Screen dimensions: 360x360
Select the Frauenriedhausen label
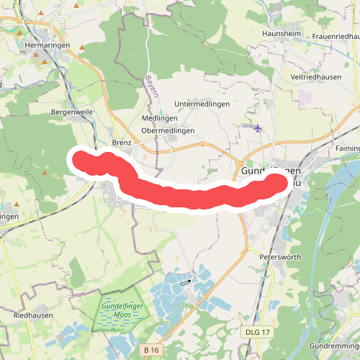331,36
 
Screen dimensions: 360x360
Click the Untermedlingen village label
202,104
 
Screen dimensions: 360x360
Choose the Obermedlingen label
168,130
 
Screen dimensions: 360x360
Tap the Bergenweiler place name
73,113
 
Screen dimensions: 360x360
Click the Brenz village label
122,143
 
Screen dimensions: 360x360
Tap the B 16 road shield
150,349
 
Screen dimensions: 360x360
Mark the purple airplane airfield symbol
258,128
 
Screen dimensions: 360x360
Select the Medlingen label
155,118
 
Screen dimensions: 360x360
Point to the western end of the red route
80,158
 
